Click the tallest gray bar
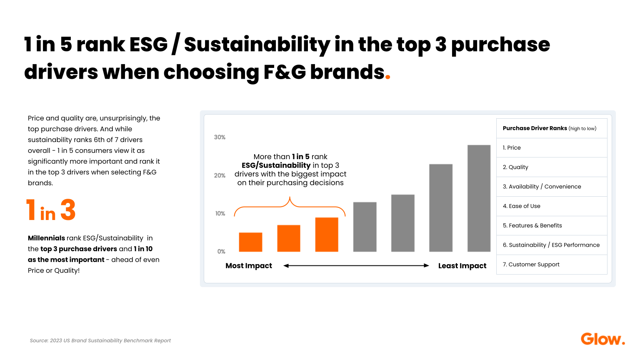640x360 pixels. [x=479, y=198]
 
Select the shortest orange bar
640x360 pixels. [x=250, y=242]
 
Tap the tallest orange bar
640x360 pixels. [x=327, y=235]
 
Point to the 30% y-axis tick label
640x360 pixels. [x=220, y=137]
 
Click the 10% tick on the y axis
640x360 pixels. [x=220, y=213]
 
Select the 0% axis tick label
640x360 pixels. [x=221, y=251]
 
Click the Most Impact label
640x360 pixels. [x=248, y=266]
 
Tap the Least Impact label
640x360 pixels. [x=462, y=266]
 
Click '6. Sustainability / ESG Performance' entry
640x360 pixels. [x=551, y=245]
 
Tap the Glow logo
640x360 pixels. [x=602, y=339]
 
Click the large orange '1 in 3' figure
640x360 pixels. [x=51, y=210]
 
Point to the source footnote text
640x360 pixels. [x=100, y=340]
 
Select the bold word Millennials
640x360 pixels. [x=46, y=238]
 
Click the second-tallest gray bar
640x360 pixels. [x=440, y=208]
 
